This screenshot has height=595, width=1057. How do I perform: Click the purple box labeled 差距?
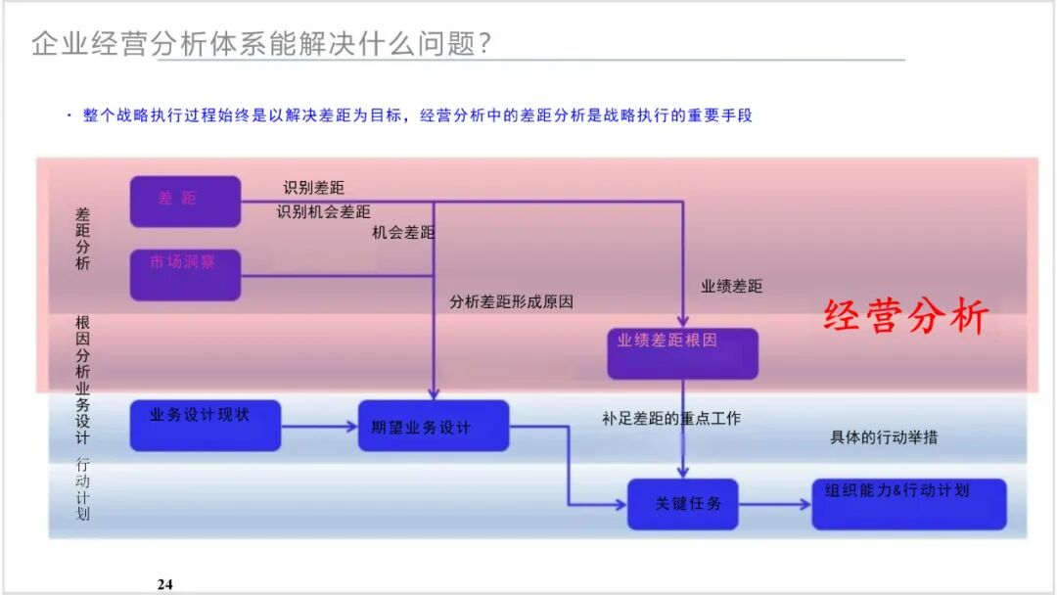point(185,201)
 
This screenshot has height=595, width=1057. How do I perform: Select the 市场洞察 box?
point(185,274)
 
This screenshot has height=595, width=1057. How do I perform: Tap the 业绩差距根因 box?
point(682,352)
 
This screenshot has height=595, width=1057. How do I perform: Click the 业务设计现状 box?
point(205,425)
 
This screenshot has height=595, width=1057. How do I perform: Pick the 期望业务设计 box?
point(433,426)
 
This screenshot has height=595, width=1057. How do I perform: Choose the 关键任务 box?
point(682,504)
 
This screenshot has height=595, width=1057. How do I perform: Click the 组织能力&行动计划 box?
point(908,503)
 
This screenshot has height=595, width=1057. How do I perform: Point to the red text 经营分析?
point(906,316)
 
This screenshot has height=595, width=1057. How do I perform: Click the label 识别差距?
point(313,188)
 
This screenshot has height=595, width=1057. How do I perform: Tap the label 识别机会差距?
point(323,211)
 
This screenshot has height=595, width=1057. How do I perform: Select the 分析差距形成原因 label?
point(511,302)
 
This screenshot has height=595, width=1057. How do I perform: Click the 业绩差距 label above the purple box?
point(731,287)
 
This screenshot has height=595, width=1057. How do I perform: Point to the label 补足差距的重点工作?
point(671,419)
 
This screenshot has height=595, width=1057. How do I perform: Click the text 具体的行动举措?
point(884,437)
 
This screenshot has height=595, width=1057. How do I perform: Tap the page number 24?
point(164,584)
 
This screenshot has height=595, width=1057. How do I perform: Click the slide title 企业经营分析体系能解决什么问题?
point(260,44)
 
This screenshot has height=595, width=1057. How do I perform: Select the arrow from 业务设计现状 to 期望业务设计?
point(319,426)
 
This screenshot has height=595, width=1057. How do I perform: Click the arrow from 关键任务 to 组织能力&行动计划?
point(774,504)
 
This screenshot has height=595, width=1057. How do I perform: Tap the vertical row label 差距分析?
point(83,238)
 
